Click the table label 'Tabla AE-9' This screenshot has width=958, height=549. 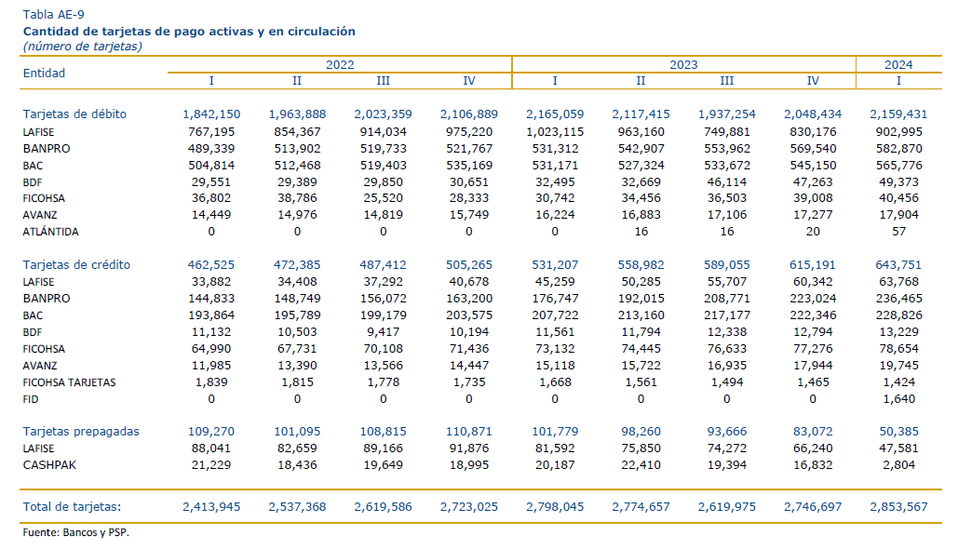54,15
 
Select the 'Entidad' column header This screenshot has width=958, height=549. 44,74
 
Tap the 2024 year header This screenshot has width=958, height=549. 898,65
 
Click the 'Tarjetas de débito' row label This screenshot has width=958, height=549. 74,114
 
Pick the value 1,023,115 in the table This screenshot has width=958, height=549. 555,132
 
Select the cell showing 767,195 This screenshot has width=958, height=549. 211,132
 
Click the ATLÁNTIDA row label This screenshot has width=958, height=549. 50,232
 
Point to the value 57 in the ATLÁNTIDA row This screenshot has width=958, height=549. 898,232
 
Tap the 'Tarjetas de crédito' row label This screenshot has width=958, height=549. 76,265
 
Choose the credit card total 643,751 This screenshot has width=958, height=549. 898,265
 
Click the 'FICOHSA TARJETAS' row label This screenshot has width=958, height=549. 69,382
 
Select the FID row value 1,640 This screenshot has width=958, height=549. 898,399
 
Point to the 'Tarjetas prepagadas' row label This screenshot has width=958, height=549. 81,432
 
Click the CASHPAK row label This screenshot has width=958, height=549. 49,465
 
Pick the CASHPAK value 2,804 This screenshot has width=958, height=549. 898,465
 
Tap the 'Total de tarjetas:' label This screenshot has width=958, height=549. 72,507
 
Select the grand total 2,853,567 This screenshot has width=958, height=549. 898,507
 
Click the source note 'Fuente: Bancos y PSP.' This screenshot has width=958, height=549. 75,532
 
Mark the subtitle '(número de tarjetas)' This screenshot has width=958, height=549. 83,47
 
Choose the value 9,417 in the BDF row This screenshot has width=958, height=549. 383,332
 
